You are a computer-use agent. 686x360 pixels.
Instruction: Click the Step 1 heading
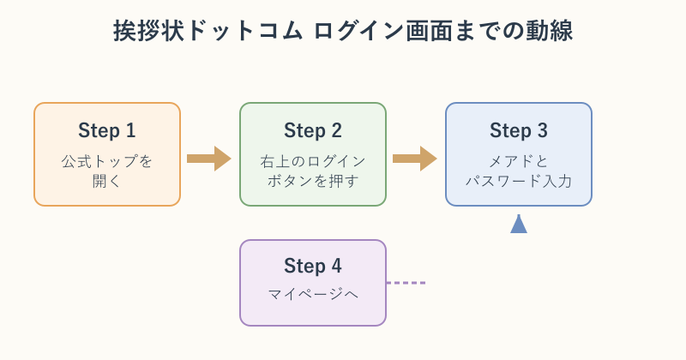tap(106, 130)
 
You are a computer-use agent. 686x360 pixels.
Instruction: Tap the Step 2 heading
tap(313, 130)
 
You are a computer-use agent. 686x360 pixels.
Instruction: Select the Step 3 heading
tap(519, 130)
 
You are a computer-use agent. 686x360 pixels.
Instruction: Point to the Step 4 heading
tap(313, 266)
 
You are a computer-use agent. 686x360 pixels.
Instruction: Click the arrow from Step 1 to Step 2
tap(209, 159)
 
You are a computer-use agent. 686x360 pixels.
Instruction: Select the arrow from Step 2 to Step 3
tap(415, 159)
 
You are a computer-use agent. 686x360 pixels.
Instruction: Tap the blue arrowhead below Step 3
tap(519, 224)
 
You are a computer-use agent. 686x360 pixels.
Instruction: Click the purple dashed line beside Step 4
tap(406, 283)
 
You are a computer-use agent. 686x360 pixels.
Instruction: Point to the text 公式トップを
tap(106, 161)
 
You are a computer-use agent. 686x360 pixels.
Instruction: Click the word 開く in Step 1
tap(106, 181)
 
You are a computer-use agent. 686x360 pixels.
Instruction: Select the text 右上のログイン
tap(313, 161)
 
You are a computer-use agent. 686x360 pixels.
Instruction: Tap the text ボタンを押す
tap(313, 181)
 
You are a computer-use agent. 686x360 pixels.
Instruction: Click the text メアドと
tap(519, 161)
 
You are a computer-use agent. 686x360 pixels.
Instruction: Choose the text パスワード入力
tap(519, 181)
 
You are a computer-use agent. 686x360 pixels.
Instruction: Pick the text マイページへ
tap(313, 294)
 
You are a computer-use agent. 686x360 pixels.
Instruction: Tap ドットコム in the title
tap(245, 31)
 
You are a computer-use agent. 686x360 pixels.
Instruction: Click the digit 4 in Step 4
tap(336, 266)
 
